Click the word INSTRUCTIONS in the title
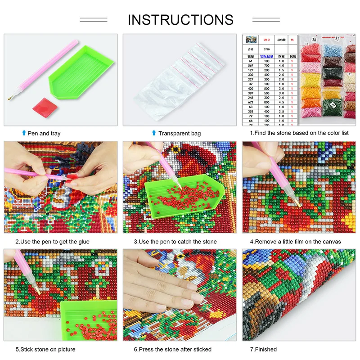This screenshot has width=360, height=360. click(180, 20)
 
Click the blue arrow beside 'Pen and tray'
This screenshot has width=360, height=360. click(24, 133)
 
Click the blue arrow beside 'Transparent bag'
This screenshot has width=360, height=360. click(154, 133)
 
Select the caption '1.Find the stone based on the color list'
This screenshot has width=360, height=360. click(299, 133)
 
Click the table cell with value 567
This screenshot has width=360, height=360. click(251, 65)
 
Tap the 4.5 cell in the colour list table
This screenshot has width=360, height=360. click(281, 102)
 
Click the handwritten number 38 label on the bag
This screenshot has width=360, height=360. click(314, 40)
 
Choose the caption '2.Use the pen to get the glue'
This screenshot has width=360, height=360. click(52, 242)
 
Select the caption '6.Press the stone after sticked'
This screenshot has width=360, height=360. click(172, 349)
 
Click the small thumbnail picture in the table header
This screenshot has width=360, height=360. click(251, 40)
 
